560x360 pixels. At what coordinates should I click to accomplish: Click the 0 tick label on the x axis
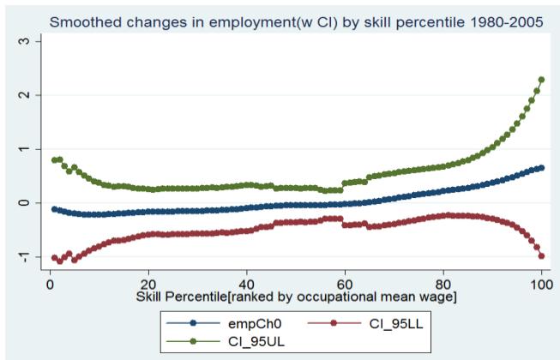click(50, 282)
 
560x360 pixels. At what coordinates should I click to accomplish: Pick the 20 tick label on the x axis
click(148, 282)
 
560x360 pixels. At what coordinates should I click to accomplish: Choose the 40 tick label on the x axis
click(246, 282)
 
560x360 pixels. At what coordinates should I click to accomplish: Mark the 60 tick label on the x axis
click(345, 282)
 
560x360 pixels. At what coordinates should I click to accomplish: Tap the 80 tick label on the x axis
click(443, 282)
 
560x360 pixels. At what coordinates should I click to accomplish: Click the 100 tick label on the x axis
click(540, 282)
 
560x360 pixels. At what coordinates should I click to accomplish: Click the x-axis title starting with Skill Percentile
click(207, 296)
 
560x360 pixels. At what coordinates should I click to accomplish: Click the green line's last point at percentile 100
click(541, 80)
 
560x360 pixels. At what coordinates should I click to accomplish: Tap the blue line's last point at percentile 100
click(541, 168)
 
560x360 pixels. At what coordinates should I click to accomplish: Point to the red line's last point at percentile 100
click(541, 256)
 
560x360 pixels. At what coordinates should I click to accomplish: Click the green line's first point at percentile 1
click(55, 160)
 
